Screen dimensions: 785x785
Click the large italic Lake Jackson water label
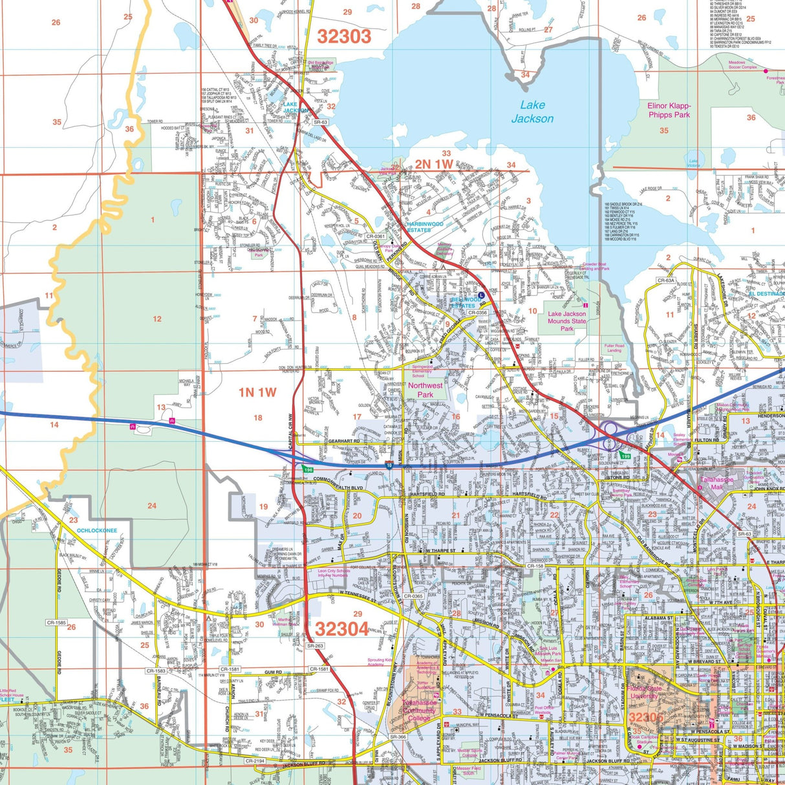532,112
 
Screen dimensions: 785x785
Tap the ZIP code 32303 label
345,36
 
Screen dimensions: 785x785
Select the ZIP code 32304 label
342,629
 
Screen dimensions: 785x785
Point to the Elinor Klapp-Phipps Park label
669,110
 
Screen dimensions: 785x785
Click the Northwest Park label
425,390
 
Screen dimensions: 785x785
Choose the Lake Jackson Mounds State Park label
567,321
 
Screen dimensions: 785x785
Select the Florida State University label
644,693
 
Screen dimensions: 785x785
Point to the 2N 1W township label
434,164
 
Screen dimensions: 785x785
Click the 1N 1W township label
257,392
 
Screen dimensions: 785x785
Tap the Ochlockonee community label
97,530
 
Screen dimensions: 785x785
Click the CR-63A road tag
666,280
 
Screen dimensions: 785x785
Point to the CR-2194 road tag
255,761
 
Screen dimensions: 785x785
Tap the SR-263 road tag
315,645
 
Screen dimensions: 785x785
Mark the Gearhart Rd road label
343,440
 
